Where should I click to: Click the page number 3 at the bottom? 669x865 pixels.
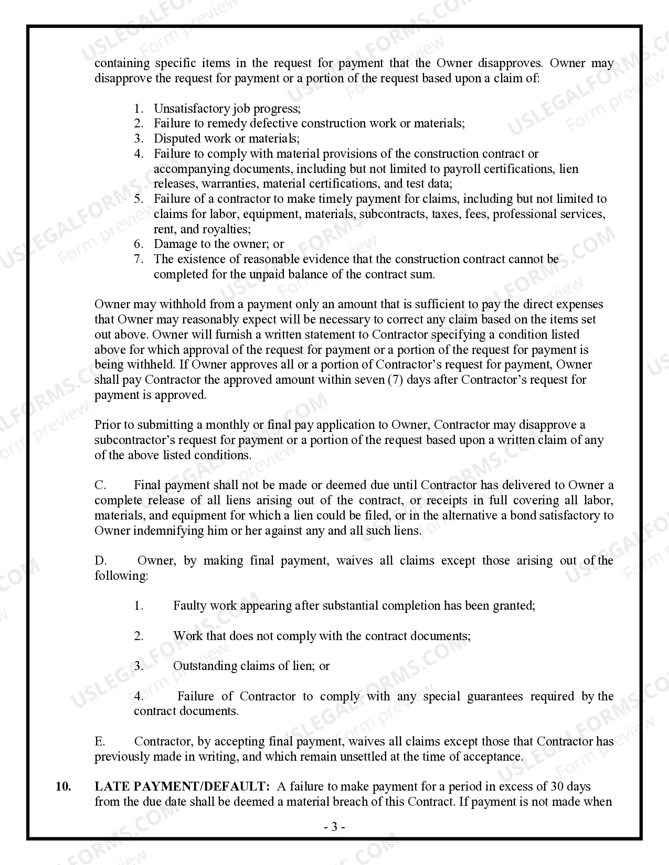(x=334, y=827)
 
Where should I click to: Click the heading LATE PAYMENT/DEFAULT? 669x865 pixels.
(x=182, y=786)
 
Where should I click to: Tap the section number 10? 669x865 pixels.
(x=63, y=786)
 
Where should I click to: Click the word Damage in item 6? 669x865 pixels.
(x=174, y=244)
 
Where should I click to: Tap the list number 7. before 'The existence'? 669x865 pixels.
(x=139, y=259)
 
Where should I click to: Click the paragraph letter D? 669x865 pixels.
(x=100, y=560)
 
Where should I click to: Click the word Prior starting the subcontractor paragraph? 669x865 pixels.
(x=108, y=425)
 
